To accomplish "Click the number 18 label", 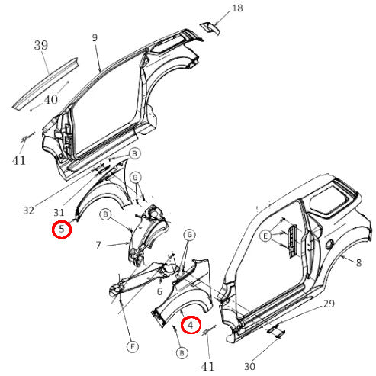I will coord(237,8).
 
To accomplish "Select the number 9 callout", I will coord(95,37).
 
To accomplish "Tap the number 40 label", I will coord(50,98).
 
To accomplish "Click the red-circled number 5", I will coord(61,229).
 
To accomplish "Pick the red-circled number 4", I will coord(191,326).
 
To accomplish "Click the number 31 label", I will coord(57,214).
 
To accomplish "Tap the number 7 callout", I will coord(98,246).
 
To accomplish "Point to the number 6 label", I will coord(159,291).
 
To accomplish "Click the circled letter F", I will coord(132,348).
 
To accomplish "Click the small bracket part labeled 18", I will coord(208,27).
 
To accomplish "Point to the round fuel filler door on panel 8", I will coord(327,246).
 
